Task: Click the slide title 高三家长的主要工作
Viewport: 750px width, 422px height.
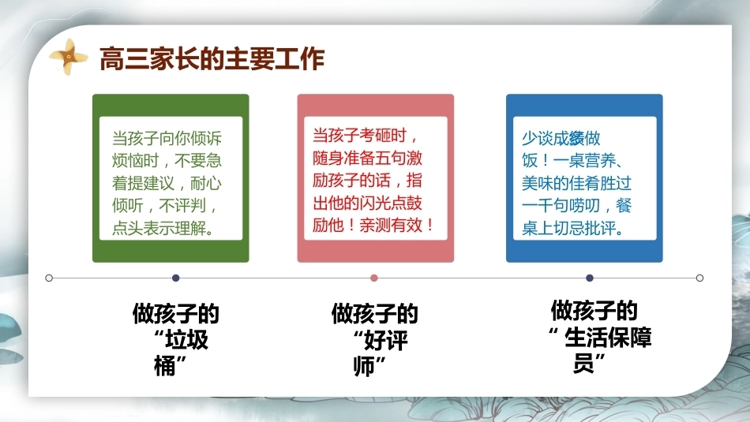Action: [212, 59]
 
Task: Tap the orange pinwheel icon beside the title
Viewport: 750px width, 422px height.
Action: [69, 57]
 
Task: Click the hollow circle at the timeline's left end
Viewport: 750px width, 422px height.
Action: [49, 278]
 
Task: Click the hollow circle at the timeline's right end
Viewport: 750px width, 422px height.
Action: [699, 278]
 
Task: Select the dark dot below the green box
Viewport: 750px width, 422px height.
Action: [175, 278]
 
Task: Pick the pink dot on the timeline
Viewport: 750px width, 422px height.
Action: [374, 278]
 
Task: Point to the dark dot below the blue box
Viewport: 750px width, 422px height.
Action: [590, 278]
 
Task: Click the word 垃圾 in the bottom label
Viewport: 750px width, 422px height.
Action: [186, 340]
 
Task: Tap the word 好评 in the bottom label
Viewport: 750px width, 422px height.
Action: [385, 340]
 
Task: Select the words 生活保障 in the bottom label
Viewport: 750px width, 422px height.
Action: [608, 338]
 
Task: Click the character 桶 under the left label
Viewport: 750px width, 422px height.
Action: [164, 366]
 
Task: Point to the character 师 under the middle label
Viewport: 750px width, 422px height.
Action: [363, 367]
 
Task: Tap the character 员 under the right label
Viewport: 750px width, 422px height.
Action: [583, 363]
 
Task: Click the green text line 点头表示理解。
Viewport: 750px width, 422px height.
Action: [163, 228]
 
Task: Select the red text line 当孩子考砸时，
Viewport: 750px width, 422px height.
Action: [366, 136]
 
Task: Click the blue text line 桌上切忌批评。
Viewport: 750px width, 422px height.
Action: [573, 228]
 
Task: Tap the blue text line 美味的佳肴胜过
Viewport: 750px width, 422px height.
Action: [576, 183]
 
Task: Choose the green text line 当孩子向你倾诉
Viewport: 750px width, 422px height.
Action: [167, 138]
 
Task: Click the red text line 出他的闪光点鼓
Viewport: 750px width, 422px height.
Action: [367, 203]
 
